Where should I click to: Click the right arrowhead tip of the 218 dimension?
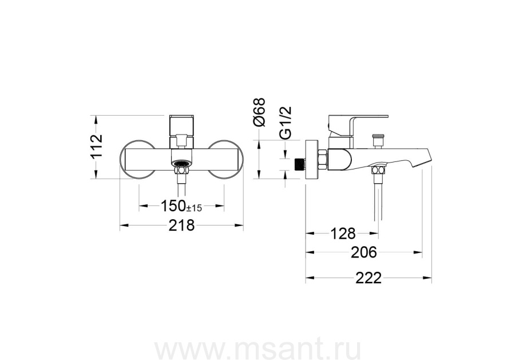click(x=243, y=225)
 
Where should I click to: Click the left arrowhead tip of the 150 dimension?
click(x=139, y=206)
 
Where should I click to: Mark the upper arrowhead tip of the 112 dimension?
click(x=96, y=115)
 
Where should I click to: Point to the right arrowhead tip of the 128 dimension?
click(x=378, y=234)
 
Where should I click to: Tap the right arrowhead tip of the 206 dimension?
click(x=422, y=252)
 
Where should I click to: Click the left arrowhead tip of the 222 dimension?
click(x=306, y=278)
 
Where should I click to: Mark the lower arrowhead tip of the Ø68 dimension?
click(x=259, y=179)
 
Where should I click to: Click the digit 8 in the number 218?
click(x=190, y=226)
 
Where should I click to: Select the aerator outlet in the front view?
click(x=181, y=163)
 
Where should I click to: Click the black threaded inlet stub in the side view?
click(x=298, y=164)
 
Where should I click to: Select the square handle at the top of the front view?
click(x=181, y=126)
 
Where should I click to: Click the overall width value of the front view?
click(x=181, y=226)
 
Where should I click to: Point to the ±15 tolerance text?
click(x=194, y=208)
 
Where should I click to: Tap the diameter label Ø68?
click(x=259, y=112)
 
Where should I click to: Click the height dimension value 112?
click(x=96, y=147)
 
